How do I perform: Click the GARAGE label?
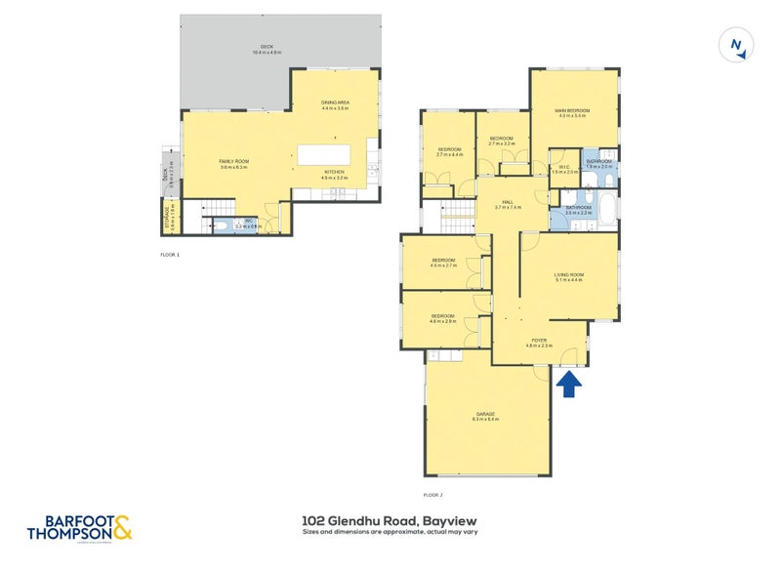(486, 416)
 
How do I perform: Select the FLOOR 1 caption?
(170, 255)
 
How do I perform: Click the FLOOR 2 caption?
(433, 496)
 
